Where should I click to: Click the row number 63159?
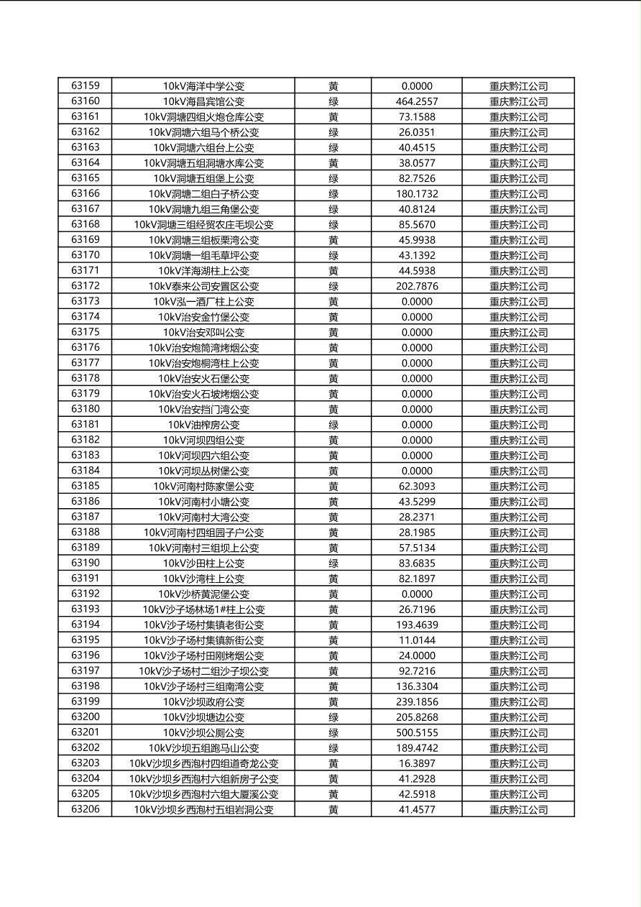pyautogui.click(x=86, y=86)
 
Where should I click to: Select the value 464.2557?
pyautogui.click(x=417, y=101)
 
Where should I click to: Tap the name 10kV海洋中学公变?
pyautogui.click(x=203, y=86)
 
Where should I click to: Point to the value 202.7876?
pyautogui.click(x=417, y=286)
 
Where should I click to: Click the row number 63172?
pyautogui.click(x=86, y=286)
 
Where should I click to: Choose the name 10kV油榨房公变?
pyautogui.click(x=203, y=425)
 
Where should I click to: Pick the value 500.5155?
pyautogui.click(x=417, y=732)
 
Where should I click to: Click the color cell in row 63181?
pyautogui.click(x=333, y=425)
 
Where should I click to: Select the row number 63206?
pyautogui.click(x=86, y=809)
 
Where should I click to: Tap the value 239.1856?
pyautogui.click(x=417, y=701)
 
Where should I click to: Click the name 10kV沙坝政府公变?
pyautogui.click(x=203, y=701)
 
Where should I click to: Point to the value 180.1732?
pyautogui.click(x=417, y=193)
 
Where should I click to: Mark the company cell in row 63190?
pyautogui.click(x=518, y=563)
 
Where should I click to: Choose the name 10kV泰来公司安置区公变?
pyautogui.click(x=203, y=286)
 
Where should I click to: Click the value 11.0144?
pyautogui.click(x=417, y=640)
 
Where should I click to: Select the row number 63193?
pyautogui.click(x=86, y=609)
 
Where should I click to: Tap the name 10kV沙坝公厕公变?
pyautogui.click(x=203, y=732)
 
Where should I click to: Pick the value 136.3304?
pyautogui.click(x=417, y=686)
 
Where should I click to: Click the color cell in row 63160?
pyautogui.click(x=333, y=101)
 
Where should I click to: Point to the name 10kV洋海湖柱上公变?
pyautogui.click(x=203, y=271)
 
